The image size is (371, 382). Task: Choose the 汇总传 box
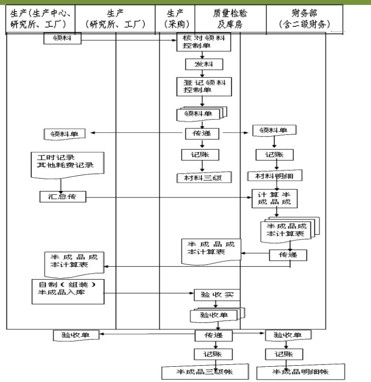coord(62,197)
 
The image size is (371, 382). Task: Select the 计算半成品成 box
coord(276,198)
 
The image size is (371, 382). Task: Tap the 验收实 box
coord(216,295)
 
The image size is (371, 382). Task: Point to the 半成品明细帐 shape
coord(300,371)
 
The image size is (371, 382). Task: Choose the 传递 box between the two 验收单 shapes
coord(216,335)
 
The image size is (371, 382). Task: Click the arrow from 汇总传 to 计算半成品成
coord(167,197)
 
